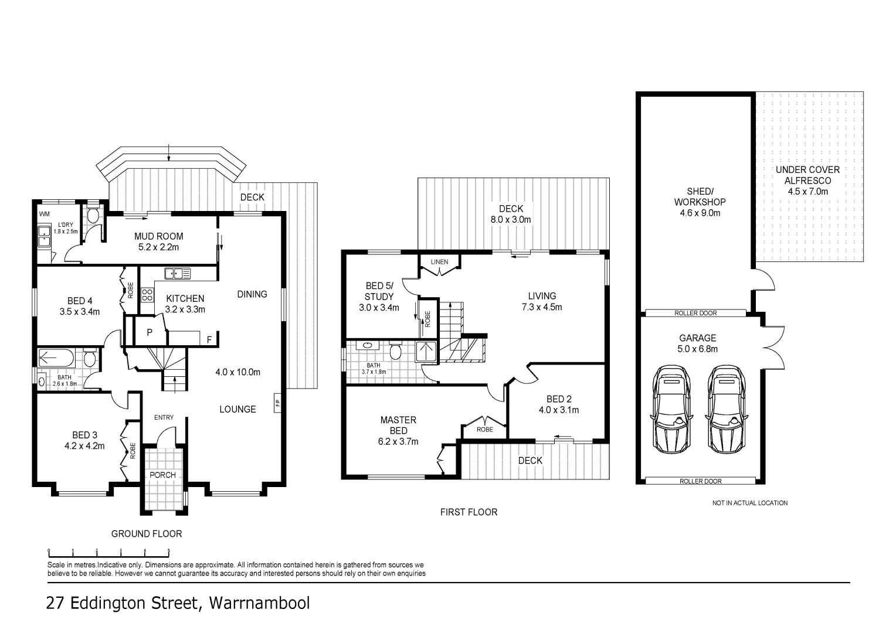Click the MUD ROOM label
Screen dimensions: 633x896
pyautogui.click(x=158, y=236)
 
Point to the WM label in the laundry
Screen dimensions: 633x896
pyautogui.click(x=44, y=214)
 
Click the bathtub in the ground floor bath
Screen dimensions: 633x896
pyautogui.click(x=56, y=358)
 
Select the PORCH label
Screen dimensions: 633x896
pyautogui.click(x=162, y=475)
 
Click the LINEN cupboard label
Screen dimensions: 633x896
pyautogui.click(x=439, y=261)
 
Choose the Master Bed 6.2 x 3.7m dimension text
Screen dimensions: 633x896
pyautogui.click(x=398, y=442)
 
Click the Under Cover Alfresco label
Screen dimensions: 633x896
pyautogui.click(x=807, y=180)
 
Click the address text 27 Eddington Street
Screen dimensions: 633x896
pyautogui.click(x=178, y=603)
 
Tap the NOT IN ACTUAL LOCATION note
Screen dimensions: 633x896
pyautogui.click(x=749, y=503)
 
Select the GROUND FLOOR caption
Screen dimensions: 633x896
pyautogui.click(x=147, y=534)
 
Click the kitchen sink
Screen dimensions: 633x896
pyautogui.click(x=178, y=273)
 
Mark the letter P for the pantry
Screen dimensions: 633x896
pyautogui.click(x=150, y=332)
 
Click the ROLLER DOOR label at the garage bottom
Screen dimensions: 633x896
pyautogui.click(x=700, y=481)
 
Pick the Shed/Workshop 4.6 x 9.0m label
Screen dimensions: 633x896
pyautogui.click(x=700, y=202)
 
